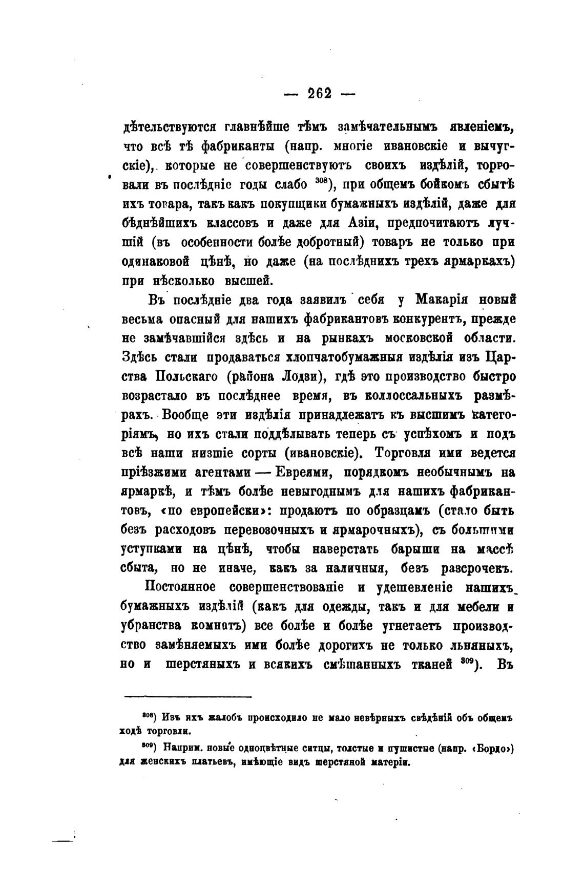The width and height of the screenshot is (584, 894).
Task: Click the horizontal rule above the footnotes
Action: (188, 696)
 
